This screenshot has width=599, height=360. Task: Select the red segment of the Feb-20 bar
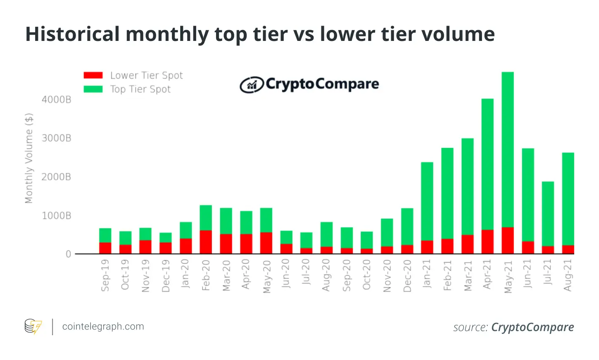[x=206, y=242]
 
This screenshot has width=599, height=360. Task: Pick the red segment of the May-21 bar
[x=508, y=241]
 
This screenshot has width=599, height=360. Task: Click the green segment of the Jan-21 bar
[x=427, y=201]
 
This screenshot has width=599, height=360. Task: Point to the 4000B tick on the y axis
[x=57, y=100]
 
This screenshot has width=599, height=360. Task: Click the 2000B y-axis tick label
[x=57, y=177]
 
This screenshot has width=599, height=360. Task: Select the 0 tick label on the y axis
[x=69, y=254]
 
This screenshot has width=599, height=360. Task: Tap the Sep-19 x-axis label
[x=105, y=275]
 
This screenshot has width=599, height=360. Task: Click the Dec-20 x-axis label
[x=407, y=276]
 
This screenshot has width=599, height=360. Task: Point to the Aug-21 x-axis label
[x=568, y=275]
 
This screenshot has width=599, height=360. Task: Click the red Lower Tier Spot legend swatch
[x=93, y=75]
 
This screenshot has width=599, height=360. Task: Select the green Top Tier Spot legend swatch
[x=93, y=89]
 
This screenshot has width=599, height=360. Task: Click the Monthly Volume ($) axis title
[x=29, y=158]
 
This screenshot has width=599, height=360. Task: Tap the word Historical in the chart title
[x=72, y=34]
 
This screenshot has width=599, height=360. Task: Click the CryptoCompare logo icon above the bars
[x=251, y=85]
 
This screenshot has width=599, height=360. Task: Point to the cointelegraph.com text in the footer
[x=103, y=327]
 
